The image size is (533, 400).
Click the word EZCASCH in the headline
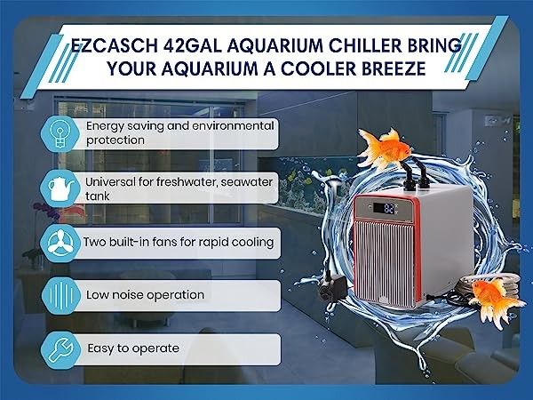click(x=115, y=45)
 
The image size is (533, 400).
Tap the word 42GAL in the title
click(x=193, y=45)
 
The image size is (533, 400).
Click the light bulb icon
click(x=60, y=134)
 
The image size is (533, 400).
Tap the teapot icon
click(x=60, y=189)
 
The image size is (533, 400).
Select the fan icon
click(x=60, y=242)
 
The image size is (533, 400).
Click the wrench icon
click(x=60, y=349)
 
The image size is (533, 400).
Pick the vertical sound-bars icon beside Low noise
click(x=61, y=295)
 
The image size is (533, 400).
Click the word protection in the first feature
click(x=115, y=140)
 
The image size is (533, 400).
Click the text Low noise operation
click(x=145, y=295)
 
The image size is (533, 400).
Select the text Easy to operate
click(x=133, y=348)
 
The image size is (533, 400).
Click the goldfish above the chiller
click(x=384, y=148)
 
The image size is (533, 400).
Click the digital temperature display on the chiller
click(x=384, y=208)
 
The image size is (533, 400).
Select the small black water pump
click(x=332, y=288)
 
